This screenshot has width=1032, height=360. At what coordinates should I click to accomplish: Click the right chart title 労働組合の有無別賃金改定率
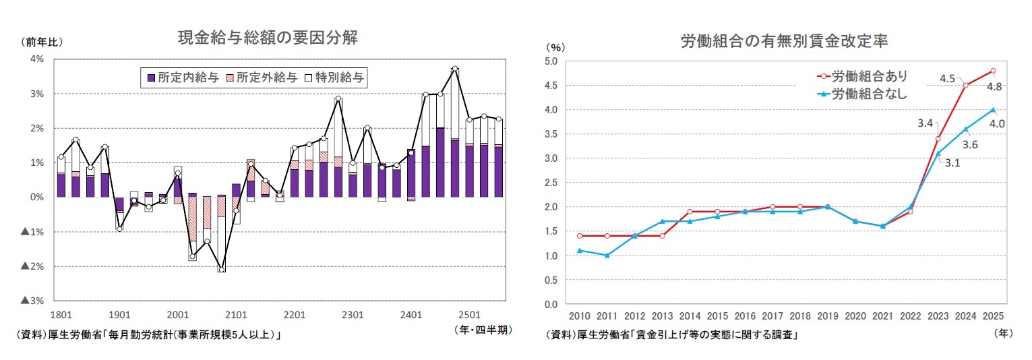pos(784,41)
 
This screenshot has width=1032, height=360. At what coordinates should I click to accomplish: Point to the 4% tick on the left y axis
pos(37,59)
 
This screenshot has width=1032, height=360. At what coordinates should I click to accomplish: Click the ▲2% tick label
pos(32,267)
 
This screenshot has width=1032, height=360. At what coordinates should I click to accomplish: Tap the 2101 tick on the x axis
pos(236,315)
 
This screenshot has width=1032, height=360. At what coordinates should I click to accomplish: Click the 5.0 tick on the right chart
pos(551,61)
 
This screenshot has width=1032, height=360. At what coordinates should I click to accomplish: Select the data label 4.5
pos(947,79)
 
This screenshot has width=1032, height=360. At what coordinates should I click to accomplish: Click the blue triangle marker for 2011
pos(608,256)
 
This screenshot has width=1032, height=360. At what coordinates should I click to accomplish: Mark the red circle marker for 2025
pos(993,71)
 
